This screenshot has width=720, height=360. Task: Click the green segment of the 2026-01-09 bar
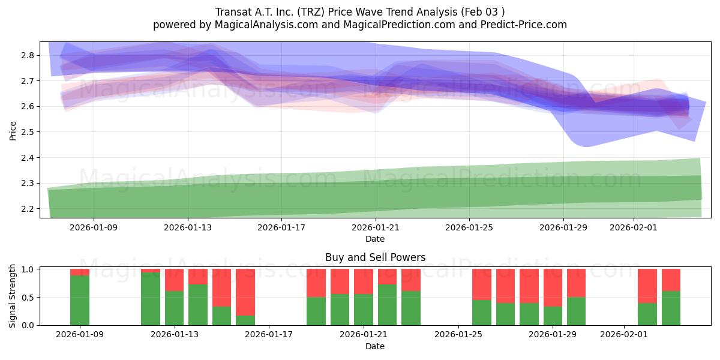click(80, 300)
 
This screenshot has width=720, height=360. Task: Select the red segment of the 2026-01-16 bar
click(245, 292)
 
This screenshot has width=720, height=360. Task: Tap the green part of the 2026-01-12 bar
click(151, 299)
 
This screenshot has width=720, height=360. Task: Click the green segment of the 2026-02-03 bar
click(671, 308)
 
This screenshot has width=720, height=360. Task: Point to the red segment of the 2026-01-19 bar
click(316, 283)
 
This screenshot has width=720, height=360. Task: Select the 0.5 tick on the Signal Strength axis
click(29, 298)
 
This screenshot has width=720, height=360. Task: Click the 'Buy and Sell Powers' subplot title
click(375, 257)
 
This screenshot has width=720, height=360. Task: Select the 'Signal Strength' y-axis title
click(13, 296)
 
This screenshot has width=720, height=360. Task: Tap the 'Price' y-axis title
click(13, 130)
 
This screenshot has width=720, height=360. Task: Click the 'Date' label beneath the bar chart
click(375, 346)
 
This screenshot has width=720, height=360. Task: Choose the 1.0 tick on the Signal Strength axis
click(29, 269)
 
